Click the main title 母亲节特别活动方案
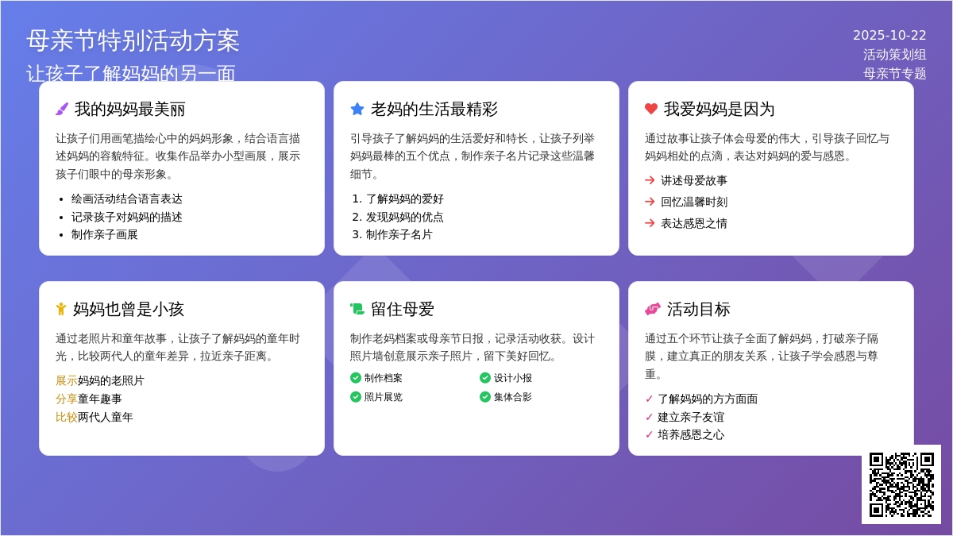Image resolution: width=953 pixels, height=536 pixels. coord(133,40)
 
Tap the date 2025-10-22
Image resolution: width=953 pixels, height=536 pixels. coord(889,35)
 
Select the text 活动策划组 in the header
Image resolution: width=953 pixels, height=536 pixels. coord(894,55)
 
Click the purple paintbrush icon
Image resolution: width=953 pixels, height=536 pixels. coord(62,109)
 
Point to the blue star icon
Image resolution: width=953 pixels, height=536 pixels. coord(357,109)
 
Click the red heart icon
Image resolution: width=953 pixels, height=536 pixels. coord(651,109)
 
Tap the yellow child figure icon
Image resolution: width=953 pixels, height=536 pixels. coord(61,309)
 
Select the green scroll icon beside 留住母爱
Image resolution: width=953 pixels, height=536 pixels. coord(357,309)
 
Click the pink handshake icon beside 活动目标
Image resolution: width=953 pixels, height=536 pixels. coord(653,309)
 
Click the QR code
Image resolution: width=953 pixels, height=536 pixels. coord(901,484)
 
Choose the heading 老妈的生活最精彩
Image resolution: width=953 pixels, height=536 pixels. coord(434,110)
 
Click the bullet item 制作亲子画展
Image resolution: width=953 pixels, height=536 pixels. coord(104,235)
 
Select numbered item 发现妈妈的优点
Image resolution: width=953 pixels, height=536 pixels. coord(404,217)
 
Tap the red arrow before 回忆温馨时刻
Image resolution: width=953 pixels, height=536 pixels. coord(650,202)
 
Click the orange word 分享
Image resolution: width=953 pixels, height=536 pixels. coord(67,399)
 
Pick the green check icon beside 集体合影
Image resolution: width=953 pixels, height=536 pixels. coord(485,397)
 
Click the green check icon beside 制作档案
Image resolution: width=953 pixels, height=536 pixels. coord(356,378)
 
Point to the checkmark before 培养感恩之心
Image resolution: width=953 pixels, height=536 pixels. coord(649,435)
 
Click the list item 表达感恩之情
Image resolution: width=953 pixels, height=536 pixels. coord(694,223)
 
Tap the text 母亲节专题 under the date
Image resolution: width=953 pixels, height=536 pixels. coord(894,74)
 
